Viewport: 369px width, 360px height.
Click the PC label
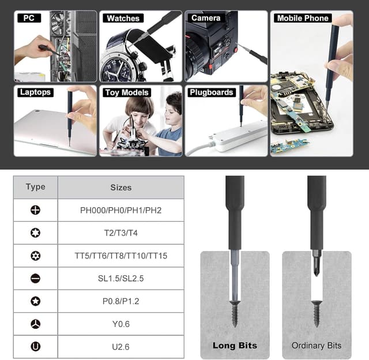29,18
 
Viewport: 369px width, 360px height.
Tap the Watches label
123,18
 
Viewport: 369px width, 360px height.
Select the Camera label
206,18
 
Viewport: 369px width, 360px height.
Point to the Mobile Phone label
303,18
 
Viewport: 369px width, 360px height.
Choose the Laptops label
35,92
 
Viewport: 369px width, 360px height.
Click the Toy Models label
127,92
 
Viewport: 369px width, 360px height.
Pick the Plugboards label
212,92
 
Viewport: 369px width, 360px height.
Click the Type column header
36,187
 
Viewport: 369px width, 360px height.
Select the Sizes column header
121,187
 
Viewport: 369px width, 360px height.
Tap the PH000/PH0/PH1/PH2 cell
121,210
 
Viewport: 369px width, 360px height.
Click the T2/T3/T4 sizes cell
121,232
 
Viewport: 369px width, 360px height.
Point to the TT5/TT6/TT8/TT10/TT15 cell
121,256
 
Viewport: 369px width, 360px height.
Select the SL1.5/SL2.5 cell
121,278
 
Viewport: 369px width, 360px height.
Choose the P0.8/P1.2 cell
121,301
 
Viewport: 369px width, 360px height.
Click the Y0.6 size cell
121,324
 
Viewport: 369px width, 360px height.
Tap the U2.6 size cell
121,346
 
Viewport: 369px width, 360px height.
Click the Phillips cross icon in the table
36,210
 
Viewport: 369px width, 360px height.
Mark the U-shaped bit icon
36,346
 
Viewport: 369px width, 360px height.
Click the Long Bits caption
234,346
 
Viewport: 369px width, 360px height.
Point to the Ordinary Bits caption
317,346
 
